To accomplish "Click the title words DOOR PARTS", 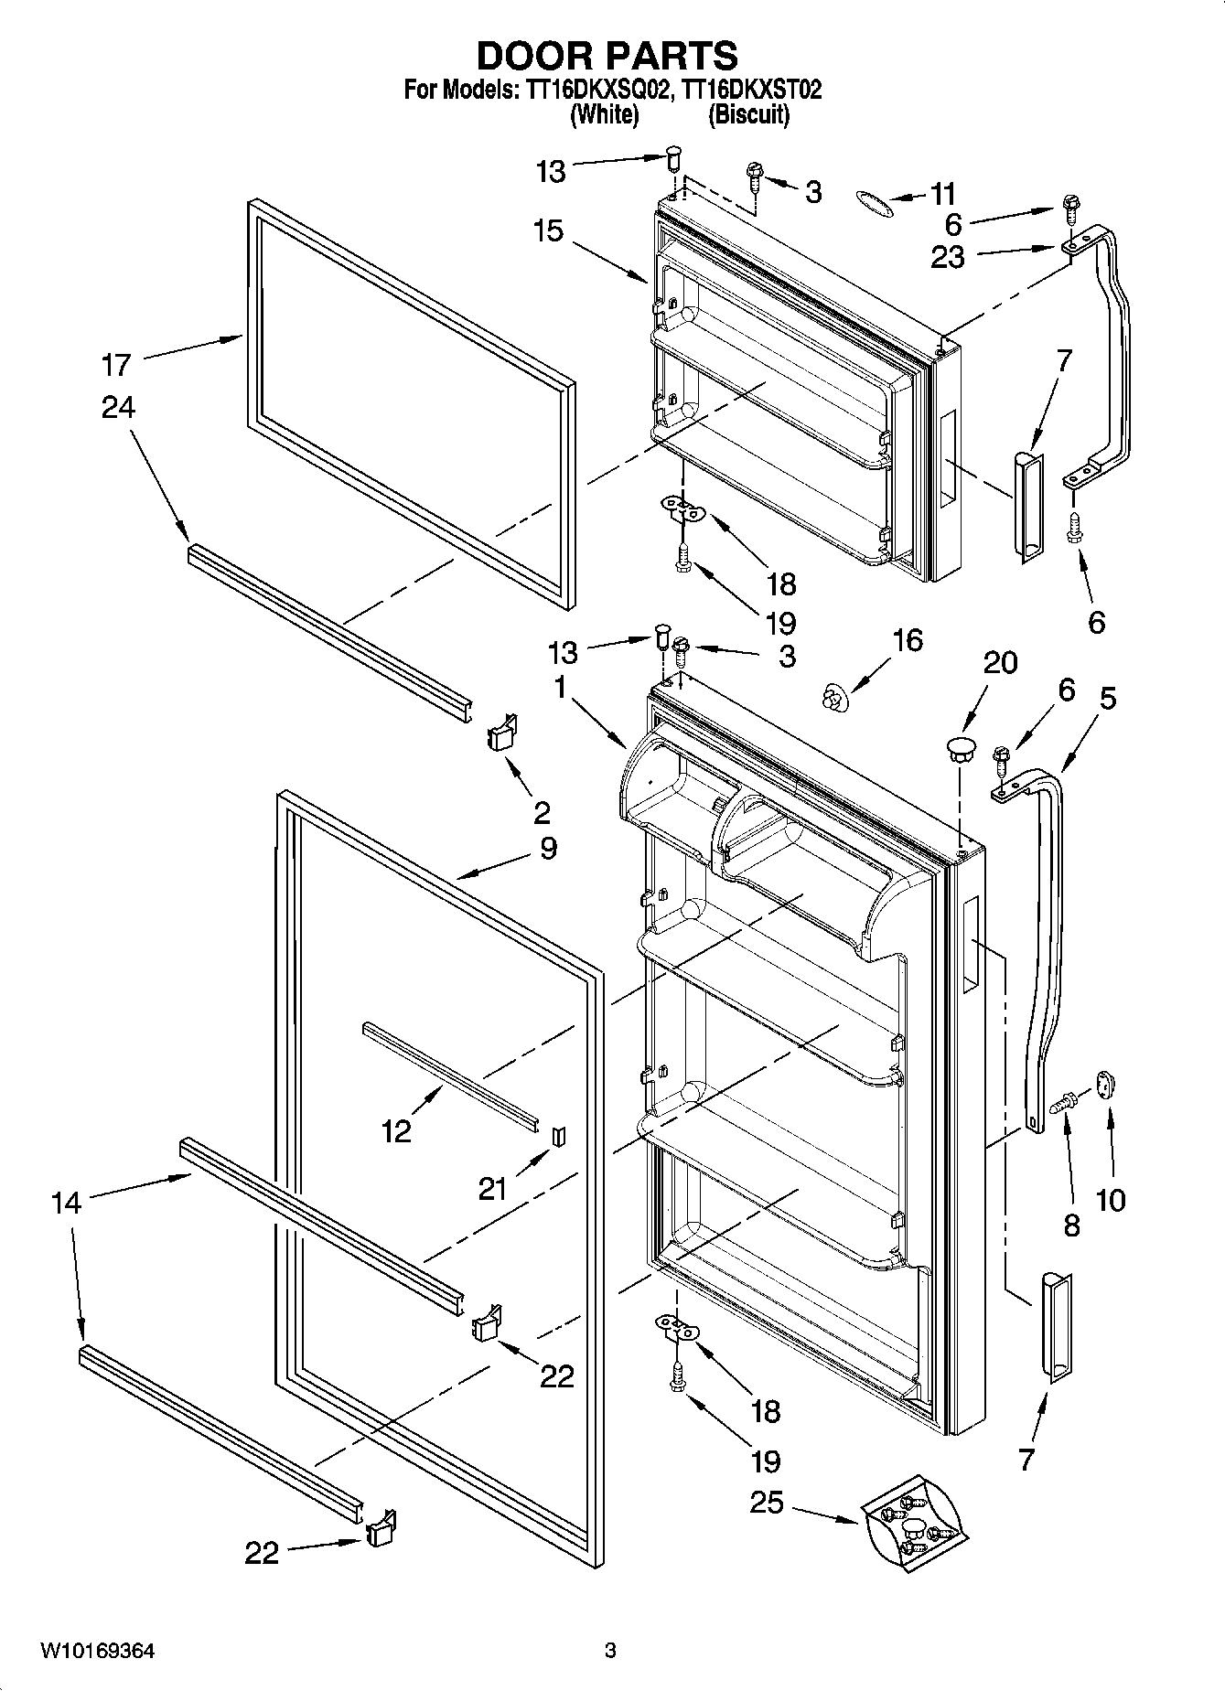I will click(607, 56).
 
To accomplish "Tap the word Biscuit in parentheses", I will click(747, 114).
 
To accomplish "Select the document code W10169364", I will click(97, 1651).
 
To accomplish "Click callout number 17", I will click(116, 365).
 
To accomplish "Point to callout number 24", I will click(118, 408).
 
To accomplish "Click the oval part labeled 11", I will click(875, 204).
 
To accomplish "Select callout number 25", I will click(767, 1502).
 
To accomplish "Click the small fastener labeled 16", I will click(833, 700).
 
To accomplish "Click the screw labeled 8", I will click(1064, 1105).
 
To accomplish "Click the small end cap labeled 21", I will click(559, 1136).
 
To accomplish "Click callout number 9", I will click(547, 848).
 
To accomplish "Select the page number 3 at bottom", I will click(611, 1651).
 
